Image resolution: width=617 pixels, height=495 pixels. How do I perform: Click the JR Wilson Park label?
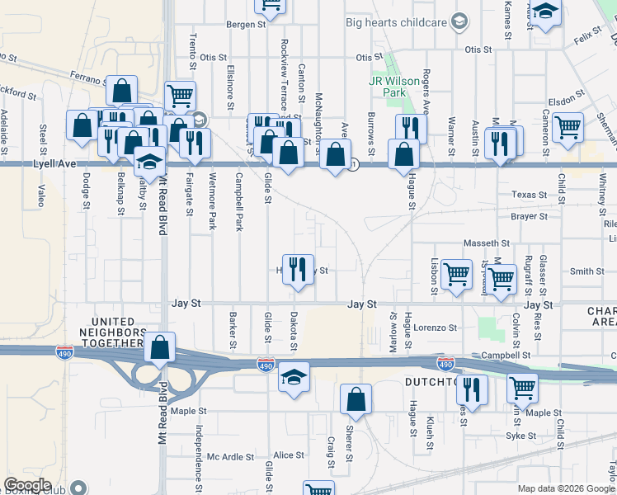(388, 87)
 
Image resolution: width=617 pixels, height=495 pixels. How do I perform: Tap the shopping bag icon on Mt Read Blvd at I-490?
(160, 347)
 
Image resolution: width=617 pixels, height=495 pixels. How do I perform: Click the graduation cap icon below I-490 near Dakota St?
(293, 377)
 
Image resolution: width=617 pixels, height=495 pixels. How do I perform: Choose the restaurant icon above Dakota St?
(298, 268)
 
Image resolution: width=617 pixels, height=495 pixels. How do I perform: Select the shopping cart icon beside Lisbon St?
(456, 274)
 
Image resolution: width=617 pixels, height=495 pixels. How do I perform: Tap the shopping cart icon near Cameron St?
(568, 127)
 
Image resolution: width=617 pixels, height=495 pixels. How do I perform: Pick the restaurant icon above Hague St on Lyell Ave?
(410, 128)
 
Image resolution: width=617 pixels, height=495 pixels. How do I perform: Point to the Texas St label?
(529, 196)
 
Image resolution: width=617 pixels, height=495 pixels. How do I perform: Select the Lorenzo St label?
(435, 328)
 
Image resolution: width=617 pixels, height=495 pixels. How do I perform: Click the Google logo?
(27, 485)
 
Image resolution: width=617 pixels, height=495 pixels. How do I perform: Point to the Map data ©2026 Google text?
(566, 488)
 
